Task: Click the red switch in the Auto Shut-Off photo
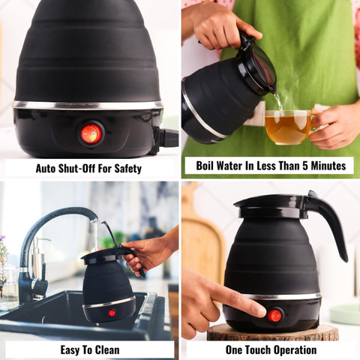point(91,133)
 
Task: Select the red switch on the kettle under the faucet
point(112,313)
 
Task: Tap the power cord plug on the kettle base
point(169,138)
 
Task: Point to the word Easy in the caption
point(72,350)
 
